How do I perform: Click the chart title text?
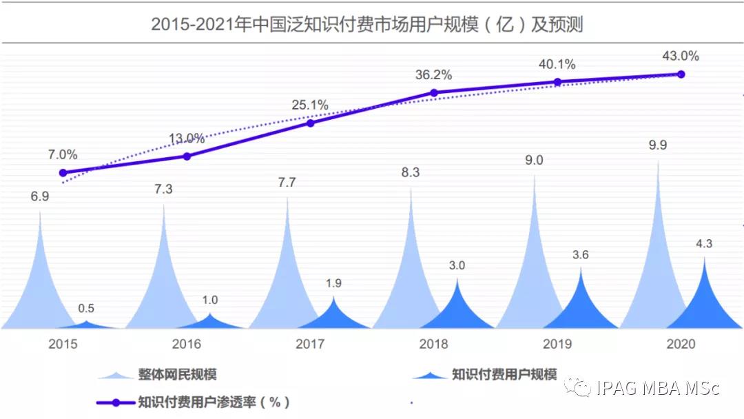366,25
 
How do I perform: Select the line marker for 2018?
434,92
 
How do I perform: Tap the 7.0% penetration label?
63,155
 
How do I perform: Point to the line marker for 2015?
63,173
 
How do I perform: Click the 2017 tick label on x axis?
310,344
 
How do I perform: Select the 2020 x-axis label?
681,344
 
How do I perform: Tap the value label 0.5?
86,308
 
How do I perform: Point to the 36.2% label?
433,74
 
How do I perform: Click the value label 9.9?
657,145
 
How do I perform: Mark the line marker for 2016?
187,156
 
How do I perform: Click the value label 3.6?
581,255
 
